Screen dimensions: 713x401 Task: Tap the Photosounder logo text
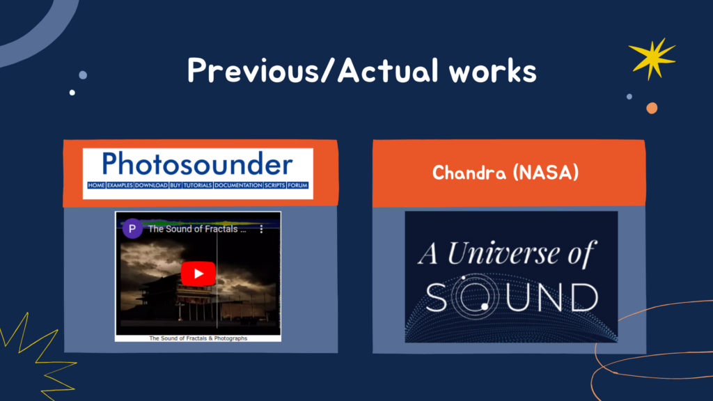197,164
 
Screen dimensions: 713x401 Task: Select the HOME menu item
96,185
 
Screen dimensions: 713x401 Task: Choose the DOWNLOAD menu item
151,185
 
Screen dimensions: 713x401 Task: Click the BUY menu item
175,185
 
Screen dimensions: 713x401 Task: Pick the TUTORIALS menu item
198,185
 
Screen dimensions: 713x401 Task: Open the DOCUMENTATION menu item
238,185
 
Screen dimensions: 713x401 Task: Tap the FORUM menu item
298,185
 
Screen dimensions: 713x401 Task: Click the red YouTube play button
198,274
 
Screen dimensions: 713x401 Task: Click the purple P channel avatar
132,228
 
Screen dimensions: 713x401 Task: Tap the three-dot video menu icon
262,229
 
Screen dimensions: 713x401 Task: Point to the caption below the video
198,338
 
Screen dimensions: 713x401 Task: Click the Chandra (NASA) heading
506,173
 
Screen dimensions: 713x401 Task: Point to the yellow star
652,58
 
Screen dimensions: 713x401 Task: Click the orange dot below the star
652,108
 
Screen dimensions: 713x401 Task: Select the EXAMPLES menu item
120,185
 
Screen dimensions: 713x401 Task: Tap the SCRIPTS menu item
275,185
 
